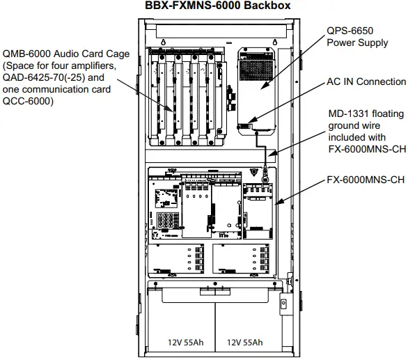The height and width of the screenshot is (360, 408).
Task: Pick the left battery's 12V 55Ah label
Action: click(x=184, y=342)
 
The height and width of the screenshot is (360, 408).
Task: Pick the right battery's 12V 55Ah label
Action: click(x=244, y=342)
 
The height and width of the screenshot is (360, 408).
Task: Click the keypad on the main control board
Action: click(x=168, y=221)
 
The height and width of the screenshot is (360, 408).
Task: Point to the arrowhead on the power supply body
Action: click(x=263, y=89)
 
